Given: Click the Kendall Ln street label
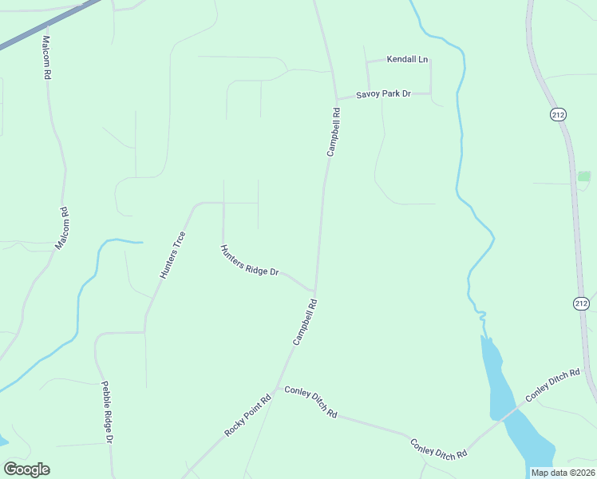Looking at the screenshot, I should pyautogui.click(x=407, y=59).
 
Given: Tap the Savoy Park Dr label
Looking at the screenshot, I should pyautogui.click(x=383, y=94).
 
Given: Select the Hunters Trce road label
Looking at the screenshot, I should pyautogui.click(x=172, y=255).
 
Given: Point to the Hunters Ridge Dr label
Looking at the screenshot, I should pyautogui.click(x=249, y=261).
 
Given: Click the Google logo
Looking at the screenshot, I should pyautogui.click(x=26, y=469).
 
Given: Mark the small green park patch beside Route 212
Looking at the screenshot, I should pyautogui.click(x=584, y=176).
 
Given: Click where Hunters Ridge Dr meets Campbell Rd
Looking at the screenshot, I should pyautogui.click(x=315, y=291).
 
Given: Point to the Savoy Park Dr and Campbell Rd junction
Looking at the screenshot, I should pyautogui.click(x=336, y=99).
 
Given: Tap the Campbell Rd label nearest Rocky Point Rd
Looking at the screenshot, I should pyautogui.click(x=305, y=322).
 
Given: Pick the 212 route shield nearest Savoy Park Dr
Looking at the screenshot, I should pyautogui.click(x=557, y=114).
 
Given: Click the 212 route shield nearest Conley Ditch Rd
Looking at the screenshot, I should pyautogui.click(x=580, y=303).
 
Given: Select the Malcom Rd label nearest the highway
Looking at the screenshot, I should pyautogui.click(x=46, y=57).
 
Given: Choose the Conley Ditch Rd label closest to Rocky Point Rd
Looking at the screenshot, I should pyautogui.click(x=310, y=403).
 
